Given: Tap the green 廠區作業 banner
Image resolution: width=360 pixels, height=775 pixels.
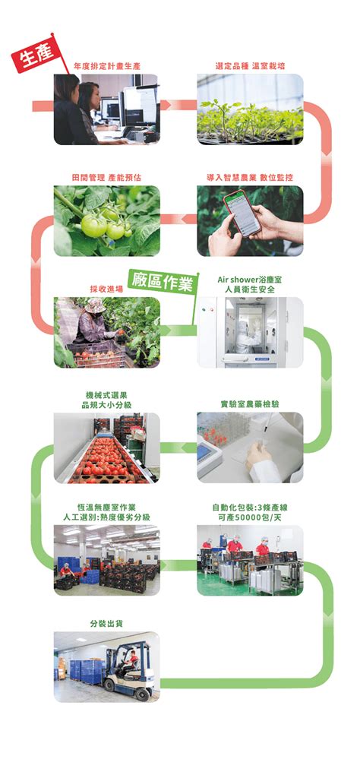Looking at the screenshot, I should pos(162,282).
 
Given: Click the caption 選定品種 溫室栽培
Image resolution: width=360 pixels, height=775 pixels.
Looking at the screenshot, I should pos(250,66).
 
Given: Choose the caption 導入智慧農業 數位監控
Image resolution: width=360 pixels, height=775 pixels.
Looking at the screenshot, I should pos(250,177).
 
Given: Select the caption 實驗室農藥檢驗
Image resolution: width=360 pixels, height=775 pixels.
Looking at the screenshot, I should pos(250,403).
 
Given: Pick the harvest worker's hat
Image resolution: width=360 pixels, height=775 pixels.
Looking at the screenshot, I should pos(95,305).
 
